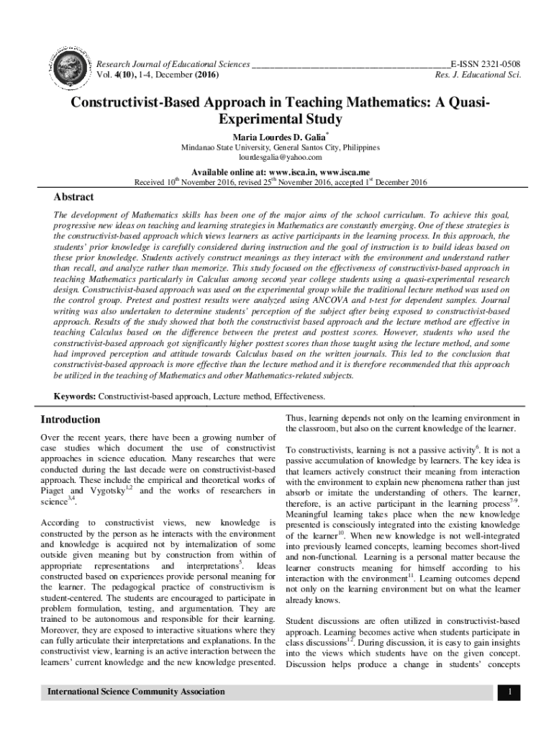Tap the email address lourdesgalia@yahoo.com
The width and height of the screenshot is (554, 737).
[x=279, y=157]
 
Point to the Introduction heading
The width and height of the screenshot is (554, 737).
[x=71, y=420]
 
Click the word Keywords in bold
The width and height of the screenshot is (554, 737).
[x=75, y=397]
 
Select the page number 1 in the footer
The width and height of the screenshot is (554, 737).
[x=508, y=692]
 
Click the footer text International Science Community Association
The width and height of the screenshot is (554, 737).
[x=136, y=692]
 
